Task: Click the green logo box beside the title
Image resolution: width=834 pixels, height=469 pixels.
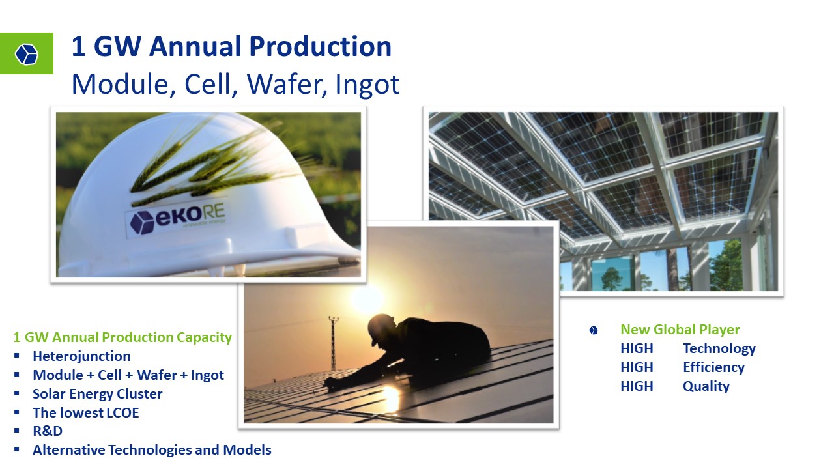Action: point(27,53)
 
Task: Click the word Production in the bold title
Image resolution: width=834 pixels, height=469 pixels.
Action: point(320,46)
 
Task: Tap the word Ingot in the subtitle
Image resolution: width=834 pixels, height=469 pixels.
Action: point(367,85)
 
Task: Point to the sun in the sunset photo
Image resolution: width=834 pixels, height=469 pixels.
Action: point(367,298)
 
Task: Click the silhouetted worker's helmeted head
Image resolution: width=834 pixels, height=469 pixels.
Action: point(382,328)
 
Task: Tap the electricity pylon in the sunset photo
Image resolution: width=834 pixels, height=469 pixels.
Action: point(333,343)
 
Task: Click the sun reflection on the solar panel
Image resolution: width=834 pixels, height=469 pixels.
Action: point(390,397)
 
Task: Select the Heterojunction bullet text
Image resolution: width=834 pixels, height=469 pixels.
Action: point(81,356)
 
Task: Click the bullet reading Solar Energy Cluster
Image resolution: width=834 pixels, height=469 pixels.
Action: point(98,394)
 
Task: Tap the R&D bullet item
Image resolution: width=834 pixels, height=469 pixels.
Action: point(48,431)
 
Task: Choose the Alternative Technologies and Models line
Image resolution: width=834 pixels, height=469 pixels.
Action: point(152,450)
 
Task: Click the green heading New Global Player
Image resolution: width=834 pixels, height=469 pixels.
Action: point(680,330)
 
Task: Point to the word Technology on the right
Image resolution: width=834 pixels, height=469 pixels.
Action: point(719,348)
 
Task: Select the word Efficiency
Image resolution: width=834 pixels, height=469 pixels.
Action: point(713,367)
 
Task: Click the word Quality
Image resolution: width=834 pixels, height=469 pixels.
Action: point(706,386)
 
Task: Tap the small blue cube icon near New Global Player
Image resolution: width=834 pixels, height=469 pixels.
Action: point(594,330)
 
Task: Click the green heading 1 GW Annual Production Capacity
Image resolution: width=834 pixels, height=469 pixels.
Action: point(122,337)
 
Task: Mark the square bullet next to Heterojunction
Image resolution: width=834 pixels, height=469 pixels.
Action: point(17,356)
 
